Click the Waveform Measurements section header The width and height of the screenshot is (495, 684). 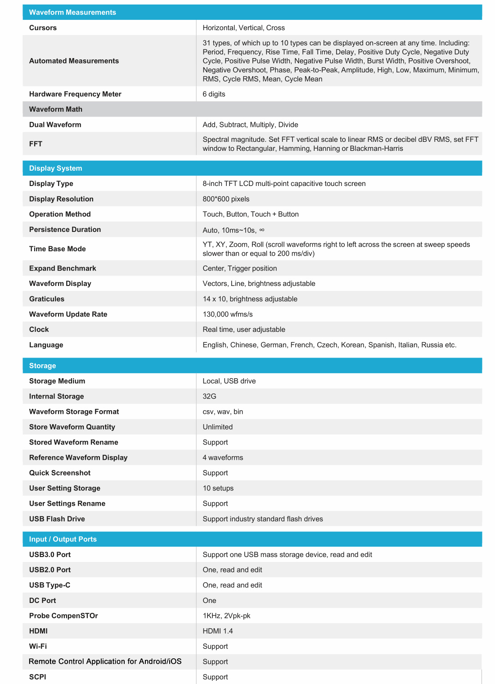72,12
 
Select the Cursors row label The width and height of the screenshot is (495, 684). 43,27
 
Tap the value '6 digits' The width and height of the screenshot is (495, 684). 214,94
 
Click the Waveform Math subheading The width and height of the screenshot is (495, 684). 56,109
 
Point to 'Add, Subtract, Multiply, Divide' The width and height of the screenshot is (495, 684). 250,124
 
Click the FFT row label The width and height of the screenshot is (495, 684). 36,144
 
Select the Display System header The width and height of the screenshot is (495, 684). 56,168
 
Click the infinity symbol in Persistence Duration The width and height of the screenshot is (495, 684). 262,230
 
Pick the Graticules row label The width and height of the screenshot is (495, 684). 47,299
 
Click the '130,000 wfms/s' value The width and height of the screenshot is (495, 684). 228,314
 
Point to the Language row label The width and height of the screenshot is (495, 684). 46,344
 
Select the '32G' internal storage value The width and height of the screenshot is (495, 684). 209,396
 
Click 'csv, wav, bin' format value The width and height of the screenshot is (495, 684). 223,411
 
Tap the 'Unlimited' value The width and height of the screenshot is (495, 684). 218,426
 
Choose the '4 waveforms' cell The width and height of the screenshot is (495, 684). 223,457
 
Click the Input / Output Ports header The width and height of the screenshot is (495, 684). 63,539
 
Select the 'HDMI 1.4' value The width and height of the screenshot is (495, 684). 218,631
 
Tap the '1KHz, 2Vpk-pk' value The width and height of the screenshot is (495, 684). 226,616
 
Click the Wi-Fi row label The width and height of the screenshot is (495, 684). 38,646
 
